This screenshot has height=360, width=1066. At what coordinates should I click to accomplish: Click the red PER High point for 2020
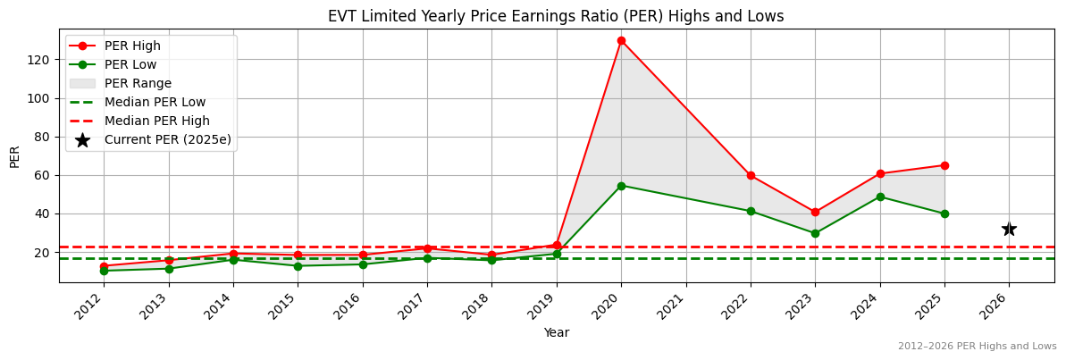[x=621, y=40]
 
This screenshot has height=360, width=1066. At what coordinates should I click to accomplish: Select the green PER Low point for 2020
[x=621, y=186]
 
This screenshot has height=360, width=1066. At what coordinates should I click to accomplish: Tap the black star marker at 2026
[x=1009, y=230]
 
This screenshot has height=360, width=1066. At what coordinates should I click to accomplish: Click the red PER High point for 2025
[x=944, y=165]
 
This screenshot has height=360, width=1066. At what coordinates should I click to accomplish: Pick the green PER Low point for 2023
[x=815, y=233]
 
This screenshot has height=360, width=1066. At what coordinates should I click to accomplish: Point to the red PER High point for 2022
[x=751, y=175]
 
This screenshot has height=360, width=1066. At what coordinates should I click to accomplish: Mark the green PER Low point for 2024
[x=880, y=197]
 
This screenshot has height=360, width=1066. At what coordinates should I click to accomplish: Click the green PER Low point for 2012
[x=104, y=271]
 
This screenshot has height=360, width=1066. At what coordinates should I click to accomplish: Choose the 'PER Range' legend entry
[x=138, y=83]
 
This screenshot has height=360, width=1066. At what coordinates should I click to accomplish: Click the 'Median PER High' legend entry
[x=156, y=121]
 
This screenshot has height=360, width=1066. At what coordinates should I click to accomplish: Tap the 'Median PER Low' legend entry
[x=155, y=102]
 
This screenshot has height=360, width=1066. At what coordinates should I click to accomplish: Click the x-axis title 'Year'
[x=556, y=332]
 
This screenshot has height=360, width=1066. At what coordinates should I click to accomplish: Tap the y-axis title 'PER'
[x=15, y=156]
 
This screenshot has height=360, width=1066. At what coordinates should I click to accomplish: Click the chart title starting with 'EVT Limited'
[x=556, y=16]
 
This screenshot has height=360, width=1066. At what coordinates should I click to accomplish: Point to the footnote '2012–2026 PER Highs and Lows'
[x=977, y=346]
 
